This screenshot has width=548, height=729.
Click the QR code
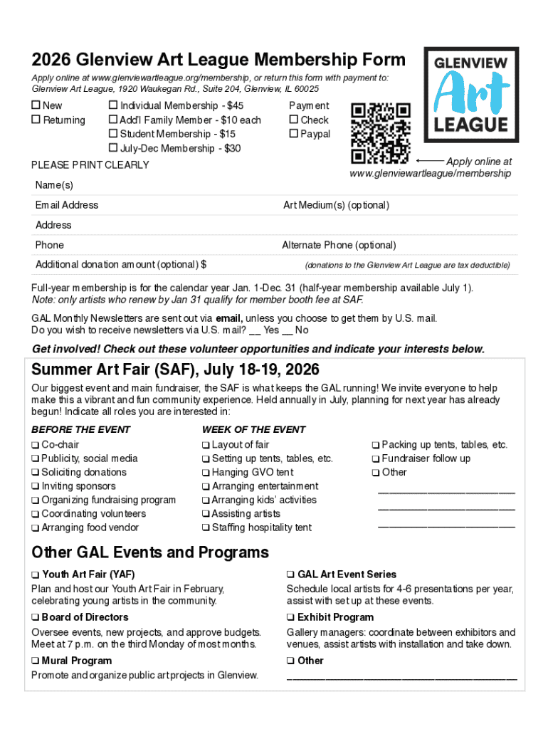point(381,132)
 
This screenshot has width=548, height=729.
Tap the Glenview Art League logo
point(470,95)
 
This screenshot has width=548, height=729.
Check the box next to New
point(36,106)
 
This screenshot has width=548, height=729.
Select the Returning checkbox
point(36,120)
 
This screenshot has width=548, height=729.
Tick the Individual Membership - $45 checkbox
point(112,106)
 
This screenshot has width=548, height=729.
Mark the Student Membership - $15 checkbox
point(112,134)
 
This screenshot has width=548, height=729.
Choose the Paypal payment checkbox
point(293,134)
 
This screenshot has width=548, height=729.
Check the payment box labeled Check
point(293,120)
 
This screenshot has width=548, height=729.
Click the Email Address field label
point(67,205)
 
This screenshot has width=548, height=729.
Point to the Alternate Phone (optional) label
point(339,245)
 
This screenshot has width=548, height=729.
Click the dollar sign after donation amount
point(204,265)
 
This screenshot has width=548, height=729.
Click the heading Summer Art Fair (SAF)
point(175,370)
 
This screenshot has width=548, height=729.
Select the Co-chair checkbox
point(35,445)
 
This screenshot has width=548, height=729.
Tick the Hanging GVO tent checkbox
point(206,473)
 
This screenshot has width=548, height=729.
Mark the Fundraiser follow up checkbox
point(376,458)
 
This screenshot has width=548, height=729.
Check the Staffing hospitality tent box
point(206,528)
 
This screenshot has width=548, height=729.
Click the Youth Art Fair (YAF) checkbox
point(35,575)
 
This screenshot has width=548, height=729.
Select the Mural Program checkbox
point(35,661)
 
